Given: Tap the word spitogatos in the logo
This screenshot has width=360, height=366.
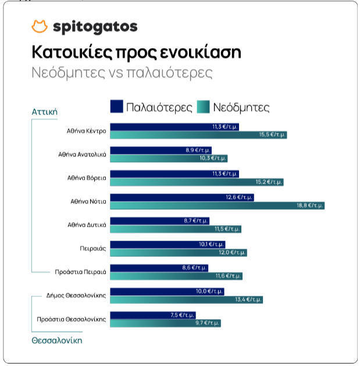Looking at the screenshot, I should pos(95,27).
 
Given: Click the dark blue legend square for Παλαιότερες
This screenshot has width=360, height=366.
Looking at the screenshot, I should pos(116,107).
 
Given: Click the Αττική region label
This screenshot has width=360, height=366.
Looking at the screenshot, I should pos(44,112).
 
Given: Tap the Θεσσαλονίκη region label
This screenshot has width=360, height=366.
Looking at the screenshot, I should pos(57,340).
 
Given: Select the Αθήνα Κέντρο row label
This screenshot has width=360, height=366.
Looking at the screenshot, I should pos(86,131).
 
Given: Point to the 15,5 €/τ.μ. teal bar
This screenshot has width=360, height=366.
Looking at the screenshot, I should pos(198,135).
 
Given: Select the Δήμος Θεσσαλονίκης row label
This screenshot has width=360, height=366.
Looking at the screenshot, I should pos(76,295).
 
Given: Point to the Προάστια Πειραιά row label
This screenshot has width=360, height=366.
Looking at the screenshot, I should pos(80,272).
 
